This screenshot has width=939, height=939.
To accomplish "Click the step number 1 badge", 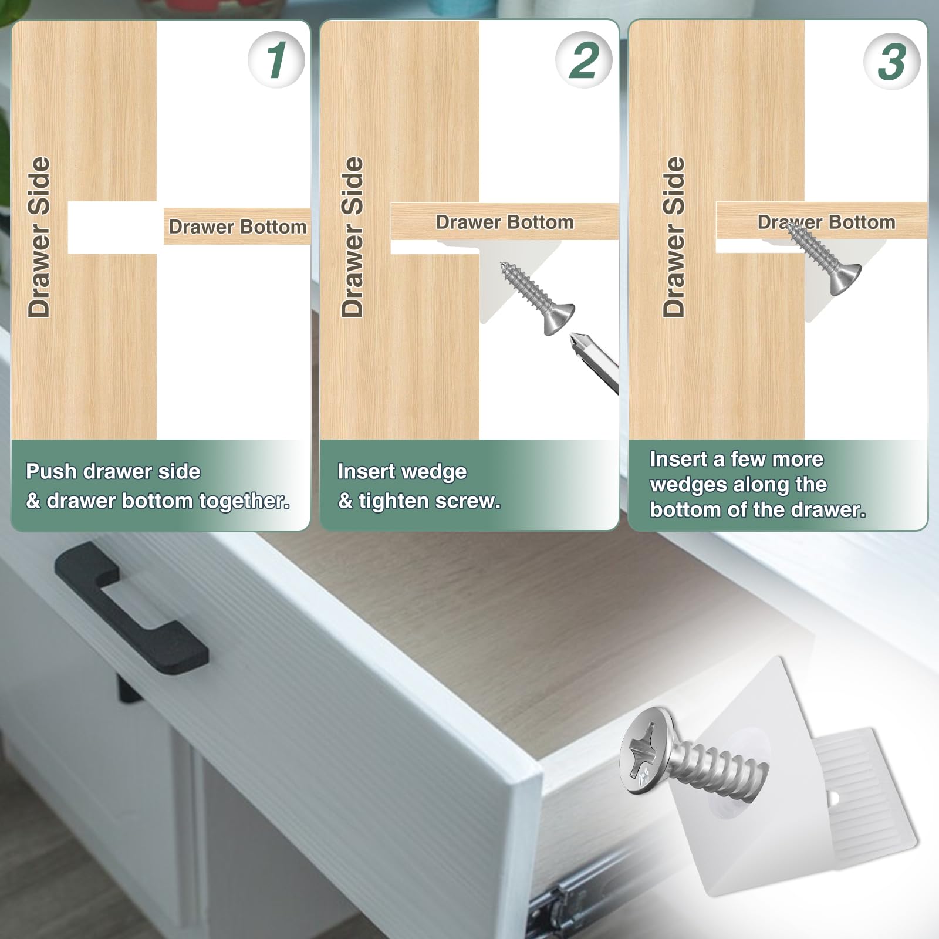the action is coord(276,60).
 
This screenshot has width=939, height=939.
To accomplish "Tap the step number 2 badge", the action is coord(584,60).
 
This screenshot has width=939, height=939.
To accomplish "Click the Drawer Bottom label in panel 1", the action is coord(238,227).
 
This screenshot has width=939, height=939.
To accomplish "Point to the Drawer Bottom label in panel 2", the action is coord(505,222).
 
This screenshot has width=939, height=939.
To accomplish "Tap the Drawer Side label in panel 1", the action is coord(39,237).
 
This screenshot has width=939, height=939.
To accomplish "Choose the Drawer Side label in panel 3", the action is coord(674,237).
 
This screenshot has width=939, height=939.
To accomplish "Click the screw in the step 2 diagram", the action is coord(537,299).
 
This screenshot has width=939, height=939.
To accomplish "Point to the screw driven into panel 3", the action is coord(824,258).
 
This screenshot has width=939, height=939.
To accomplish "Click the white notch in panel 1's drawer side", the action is coord(112,228).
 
